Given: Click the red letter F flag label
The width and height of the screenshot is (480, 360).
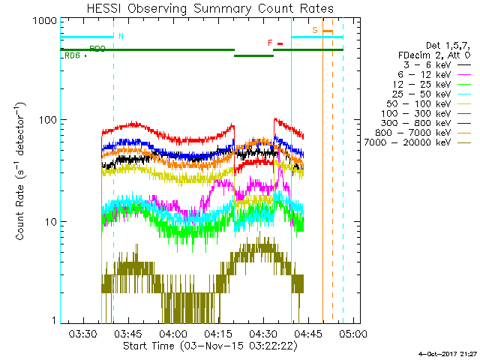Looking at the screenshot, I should [x=271, y=43].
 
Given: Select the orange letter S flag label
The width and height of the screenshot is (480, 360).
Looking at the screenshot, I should [x=316, y=30].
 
